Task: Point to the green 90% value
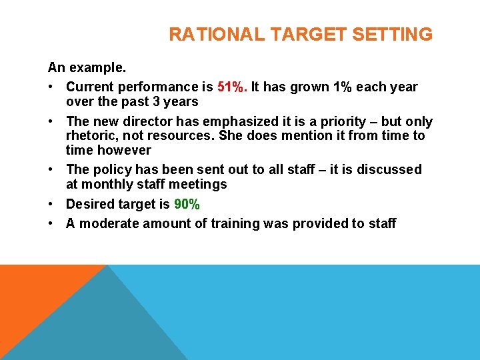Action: (187, 205)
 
